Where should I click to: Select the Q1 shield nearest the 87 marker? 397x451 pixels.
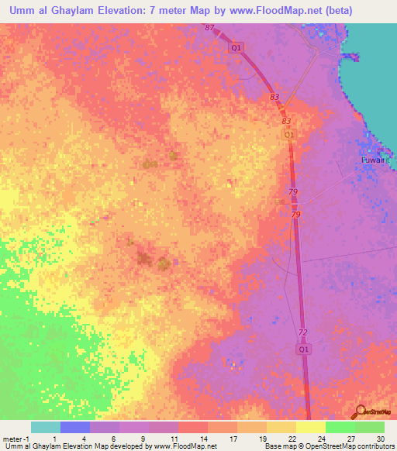(x=236, y=47)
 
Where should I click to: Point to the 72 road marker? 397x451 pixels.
(x=302, y=332)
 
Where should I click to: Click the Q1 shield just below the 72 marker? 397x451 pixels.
(x=305, y=349)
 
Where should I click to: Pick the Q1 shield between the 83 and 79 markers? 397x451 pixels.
(x=288, y=135)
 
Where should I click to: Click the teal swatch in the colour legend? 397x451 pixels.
(x=45, y=427)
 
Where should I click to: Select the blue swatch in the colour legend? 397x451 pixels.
(x=74, y=427)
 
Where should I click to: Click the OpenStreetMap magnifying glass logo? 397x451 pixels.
(x=361, y=411)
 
